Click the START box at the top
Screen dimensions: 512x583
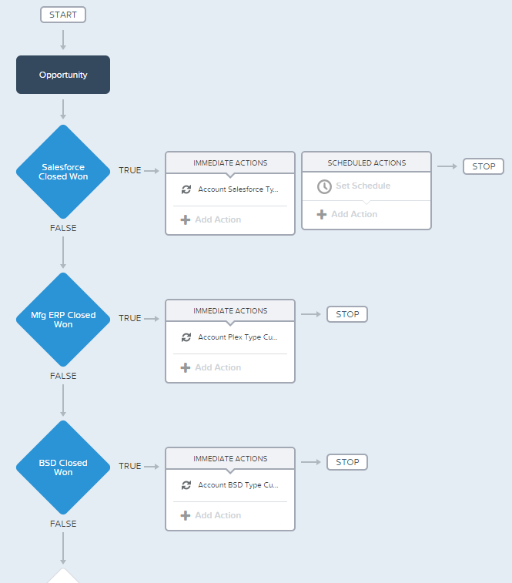[x=63, y=15]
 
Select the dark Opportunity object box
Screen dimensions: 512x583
[x=63, y=75]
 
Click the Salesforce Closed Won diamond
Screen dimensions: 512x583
[x=63, y=172]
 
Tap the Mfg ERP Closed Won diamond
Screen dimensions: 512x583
[x=63, y=320]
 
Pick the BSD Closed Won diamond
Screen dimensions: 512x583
[x=63, y=467]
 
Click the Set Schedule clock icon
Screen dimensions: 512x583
[x=324, y=186]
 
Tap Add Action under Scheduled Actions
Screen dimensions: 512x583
[x=347, y=214]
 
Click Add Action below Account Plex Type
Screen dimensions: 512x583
[x=211, y=367]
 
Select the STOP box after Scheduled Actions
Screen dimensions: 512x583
[x=484, y=166]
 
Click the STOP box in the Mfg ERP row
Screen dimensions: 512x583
[x=347, y=314]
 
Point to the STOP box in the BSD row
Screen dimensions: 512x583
[x=347, y=462]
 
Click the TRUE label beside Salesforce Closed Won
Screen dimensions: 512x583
[x=130, y=170]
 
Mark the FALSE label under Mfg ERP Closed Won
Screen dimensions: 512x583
[x=63, y=376]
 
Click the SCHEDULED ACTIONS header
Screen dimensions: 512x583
[x=366, y=163]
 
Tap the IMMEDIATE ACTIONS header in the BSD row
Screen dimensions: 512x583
[x=230, y=459]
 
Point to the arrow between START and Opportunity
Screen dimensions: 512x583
[x=63, y=40]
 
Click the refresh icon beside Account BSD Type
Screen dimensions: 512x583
[x=186, y=485]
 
